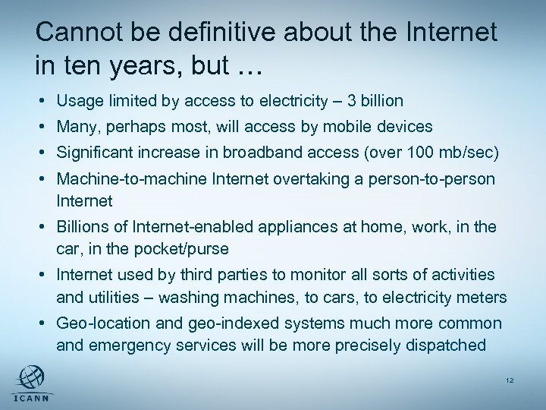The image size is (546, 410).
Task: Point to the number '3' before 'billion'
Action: [356, 100]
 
